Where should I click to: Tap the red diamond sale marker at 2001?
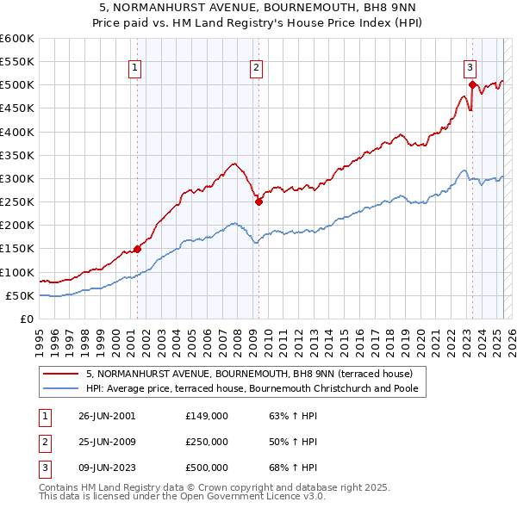[x=138, y=250]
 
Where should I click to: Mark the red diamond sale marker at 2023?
[x=472, y=84]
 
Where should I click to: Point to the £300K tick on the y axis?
[x=17, y=178]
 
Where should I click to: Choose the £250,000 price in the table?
[x=207, y=442]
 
